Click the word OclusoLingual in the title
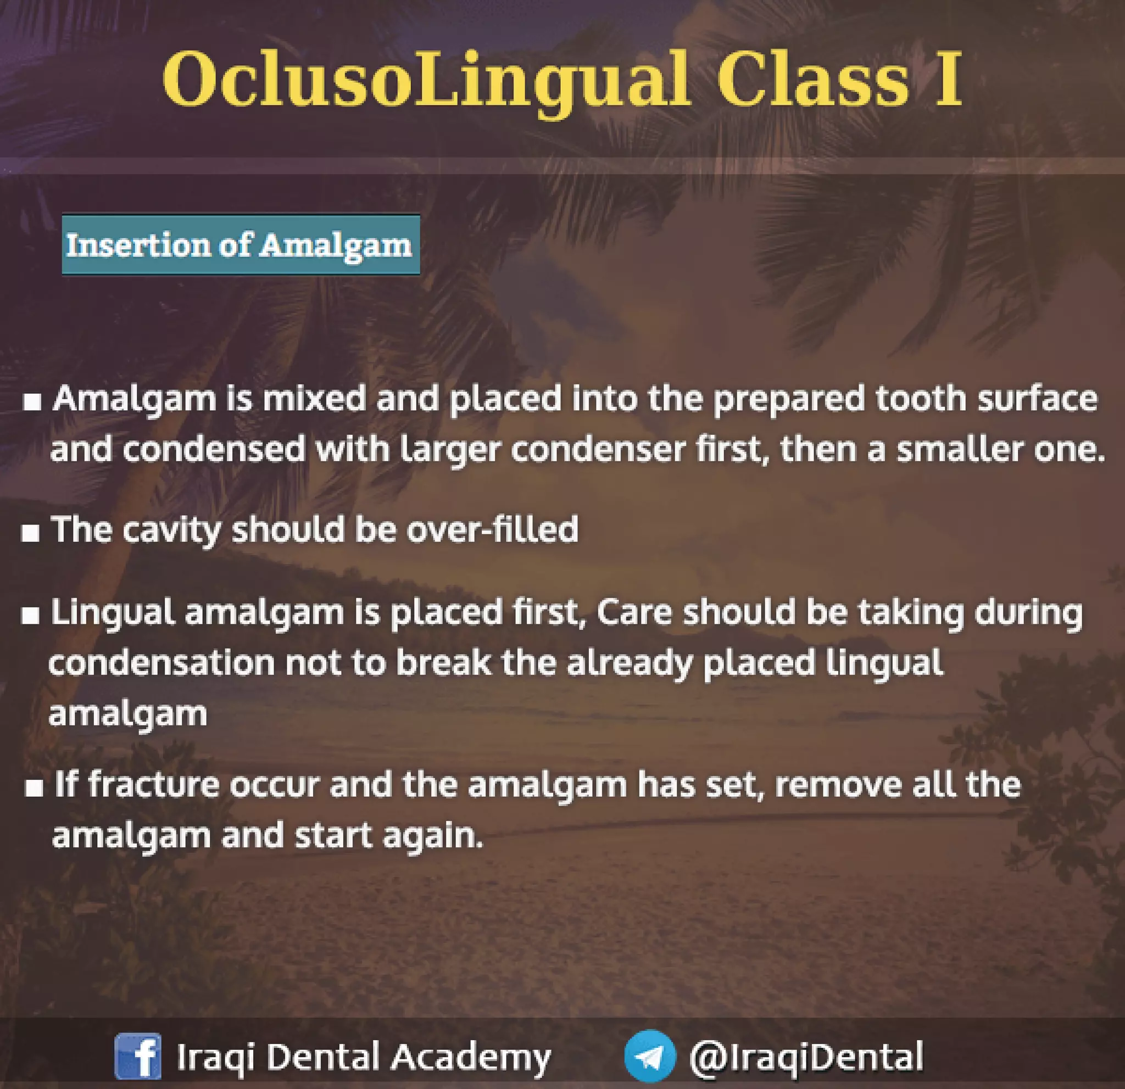(425, 80)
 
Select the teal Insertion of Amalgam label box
(241, 245)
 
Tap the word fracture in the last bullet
(154, 784)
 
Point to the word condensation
(161, 663)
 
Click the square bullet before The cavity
(30, 534)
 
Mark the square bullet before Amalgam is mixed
(32, 402)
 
